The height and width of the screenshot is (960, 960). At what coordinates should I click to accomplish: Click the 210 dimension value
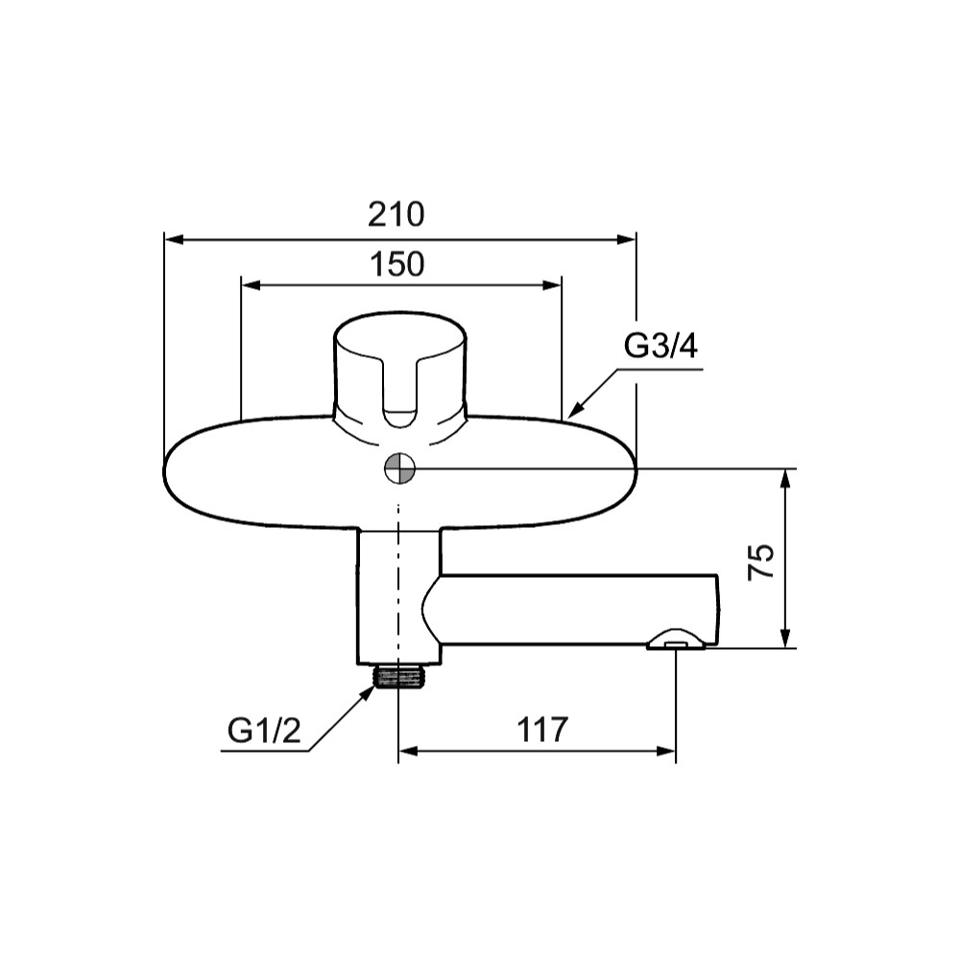pos(396,214)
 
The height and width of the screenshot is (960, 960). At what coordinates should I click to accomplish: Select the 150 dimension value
pos(396,265)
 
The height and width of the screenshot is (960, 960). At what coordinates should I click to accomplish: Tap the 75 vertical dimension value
pos(761,561)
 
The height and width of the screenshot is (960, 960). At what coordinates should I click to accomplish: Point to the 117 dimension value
pos(542,730)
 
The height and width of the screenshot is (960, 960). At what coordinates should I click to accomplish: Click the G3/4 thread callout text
pos(661,347)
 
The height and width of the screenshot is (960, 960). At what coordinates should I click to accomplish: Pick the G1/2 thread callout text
pos(265,730)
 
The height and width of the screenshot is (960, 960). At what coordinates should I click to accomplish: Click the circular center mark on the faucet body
pos(399,469)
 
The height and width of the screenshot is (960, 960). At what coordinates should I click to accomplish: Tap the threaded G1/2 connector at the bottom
pos(399,677)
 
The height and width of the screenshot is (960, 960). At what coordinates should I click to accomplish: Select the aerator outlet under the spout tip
pos(675,639)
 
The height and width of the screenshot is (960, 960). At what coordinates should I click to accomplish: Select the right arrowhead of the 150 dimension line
pos(552,285)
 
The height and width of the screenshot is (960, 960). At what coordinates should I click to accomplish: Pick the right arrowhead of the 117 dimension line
pos(666,752)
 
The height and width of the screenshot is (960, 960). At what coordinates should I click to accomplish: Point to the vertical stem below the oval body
pos(398,596)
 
